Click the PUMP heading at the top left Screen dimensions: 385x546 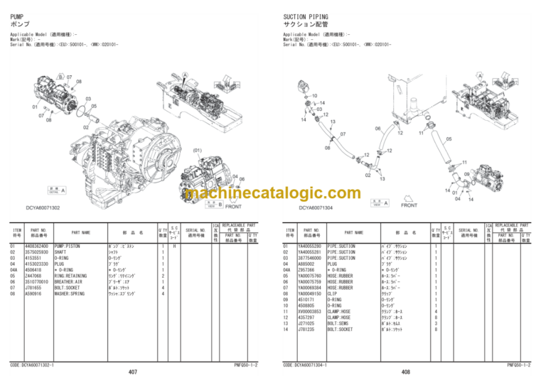pyautogui.click(x=18, y=15)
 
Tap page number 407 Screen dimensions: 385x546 pyautogui.click(x=133, y=372)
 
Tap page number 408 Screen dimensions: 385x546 pyautogui.click(x=406, y=372)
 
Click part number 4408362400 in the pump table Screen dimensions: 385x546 pyautogui.click(x=36, y=246)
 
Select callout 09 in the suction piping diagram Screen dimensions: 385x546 pyautogui.click(x=467, y=174)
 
